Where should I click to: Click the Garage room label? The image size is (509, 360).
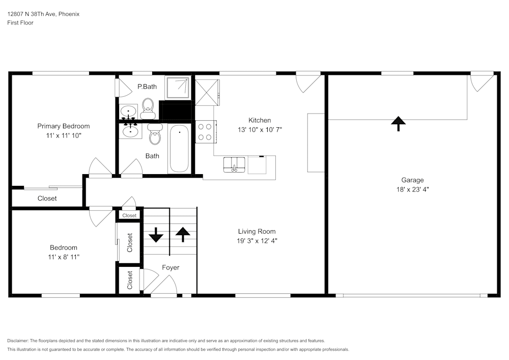(412, 180)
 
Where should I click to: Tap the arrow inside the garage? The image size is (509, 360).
(398, 123)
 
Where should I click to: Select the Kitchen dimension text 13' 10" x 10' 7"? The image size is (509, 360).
(260, 129)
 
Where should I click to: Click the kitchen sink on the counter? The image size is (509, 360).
(234, 164)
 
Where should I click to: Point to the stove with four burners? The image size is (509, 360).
(206, 131)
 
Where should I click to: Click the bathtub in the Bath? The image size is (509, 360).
(179, 149)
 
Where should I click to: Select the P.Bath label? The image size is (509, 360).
(147, 87)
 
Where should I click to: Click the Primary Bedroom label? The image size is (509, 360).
(64, 126)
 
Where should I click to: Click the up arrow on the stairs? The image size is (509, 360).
(182, 234)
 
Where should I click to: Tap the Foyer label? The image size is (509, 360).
(171, 267)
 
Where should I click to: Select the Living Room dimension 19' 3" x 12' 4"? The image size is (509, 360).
(258, 241)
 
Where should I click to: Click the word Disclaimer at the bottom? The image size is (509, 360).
(18, 341)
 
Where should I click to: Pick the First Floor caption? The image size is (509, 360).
(20, 23)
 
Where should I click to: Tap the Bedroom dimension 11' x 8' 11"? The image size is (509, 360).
(64, 257)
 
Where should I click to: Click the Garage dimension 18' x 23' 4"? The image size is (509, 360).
(412, 189)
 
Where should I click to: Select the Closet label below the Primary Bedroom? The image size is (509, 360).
(47, 198)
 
